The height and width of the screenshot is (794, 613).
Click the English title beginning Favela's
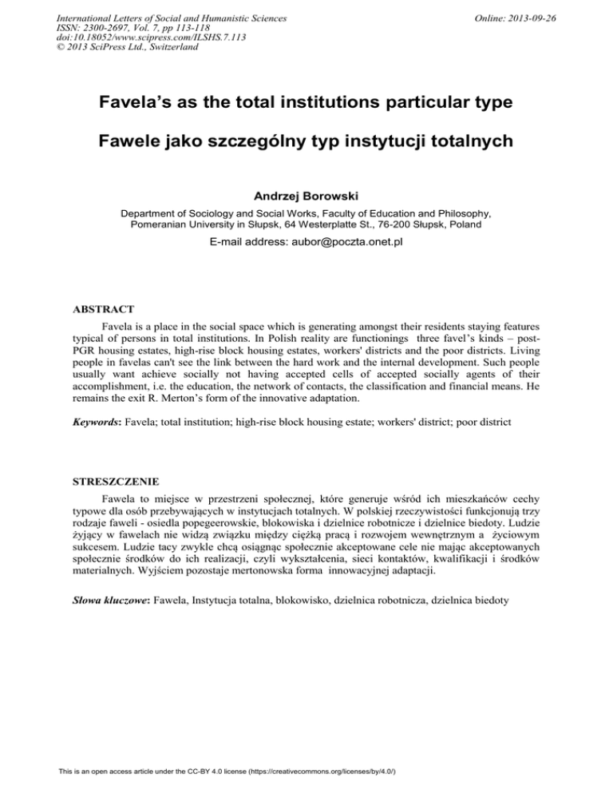[306, 104]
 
